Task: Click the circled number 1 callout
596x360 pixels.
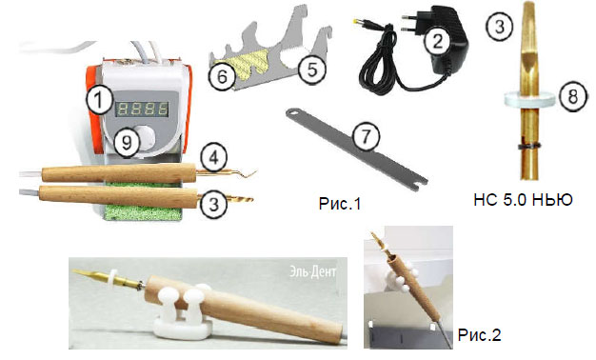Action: click(99, 100)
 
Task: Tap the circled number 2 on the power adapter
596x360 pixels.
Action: click(438, 40)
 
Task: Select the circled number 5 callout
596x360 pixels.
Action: click(311, 70)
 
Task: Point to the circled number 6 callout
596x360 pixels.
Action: click(222, 77)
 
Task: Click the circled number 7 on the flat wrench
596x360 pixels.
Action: click(366, 135)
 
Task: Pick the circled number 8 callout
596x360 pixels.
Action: click(572, 96)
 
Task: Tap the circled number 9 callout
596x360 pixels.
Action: click(127, 142)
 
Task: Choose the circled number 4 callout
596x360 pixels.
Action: click(214, 157)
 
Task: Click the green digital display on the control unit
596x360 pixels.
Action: click(142, 110)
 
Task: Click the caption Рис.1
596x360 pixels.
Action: click(340, 204)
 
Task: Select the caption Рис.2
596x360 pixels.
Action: click(479, 335)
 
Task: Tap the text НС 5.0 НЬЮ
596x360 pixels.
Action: click(523, 200)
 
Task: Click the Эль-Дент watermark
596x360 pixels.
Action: click(313, 271)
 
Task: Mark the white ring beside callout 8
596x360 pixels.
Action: click(530, 98)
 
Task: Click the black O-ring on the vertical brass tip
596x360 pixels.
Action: click(530, 146)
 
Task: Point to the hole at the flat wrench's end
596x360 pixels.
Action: click(293, 112)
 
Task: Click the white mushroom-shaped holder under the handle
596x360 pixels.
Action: click(183, 311)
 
